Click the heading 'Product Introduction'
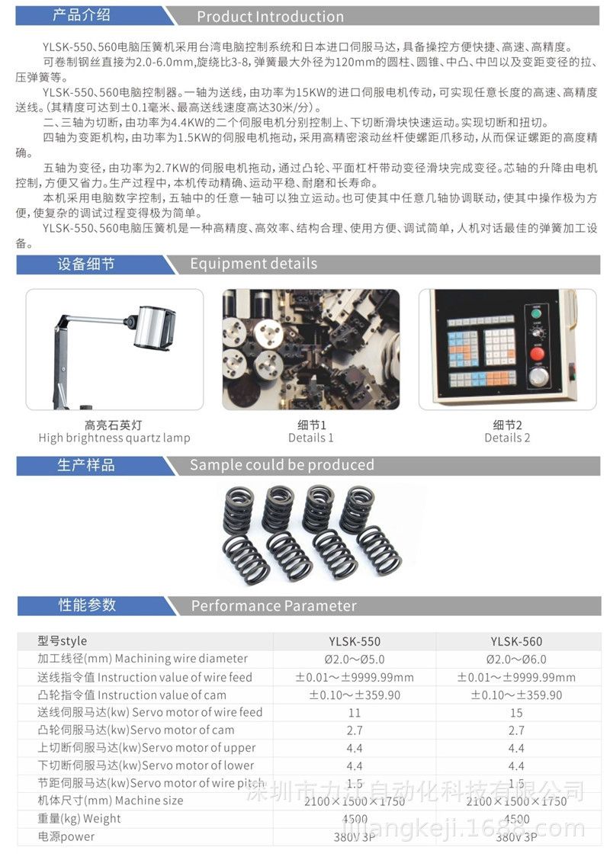(x=270, y=17)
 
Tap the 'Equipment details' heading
(x=253, y=264)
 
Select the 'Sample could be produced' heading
(x=282, y=465)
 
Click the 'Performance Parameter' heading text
(x=274, y=606)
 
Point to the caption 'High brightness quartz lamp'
(x=114, y=438)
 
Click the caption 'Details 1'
(x=311, y=438)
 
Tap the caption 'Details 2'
(x=507, y=438)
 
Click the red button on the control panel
(x=537, y=353)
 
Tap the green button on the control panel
(x=536, y=314)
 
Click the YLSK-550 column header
(x=355, y=642)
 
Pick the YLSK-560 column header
(x=516, y=642)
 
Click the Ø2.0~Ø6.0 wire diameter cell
(x=516, y=659)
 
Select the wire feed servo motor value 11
(x=355, y=713)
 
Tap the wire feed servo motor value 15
(x=516, y=713)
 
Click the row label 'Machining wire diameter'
(x=181, y=659)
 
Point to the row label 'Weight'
(x=102, y=819)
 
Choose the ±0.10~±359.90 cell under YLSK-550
(x=355, y=695)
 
